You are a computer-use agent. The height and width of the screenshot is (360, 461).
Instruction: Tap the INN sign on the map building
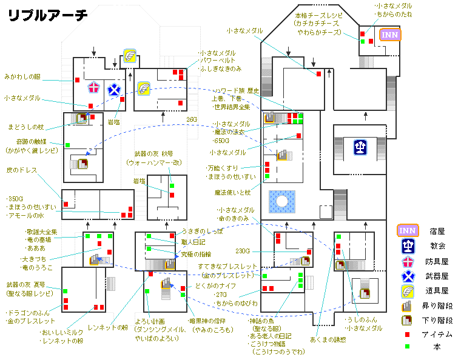coord(389,35)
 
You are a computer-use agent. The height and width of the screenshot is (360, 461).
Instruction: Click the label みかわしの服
coord(24,77)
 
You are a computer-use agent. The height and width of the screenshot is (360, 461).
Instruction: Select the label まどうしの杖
coord(25,127)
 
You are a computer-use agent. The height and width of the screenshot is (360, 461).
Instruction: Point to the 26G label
coord(192,119)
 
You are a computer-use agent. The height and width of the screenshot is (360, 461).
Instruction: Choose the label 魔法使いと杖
coord(232,193)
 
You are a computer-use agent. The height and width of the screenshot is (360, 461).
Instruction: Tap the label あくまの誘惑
coord(328,339)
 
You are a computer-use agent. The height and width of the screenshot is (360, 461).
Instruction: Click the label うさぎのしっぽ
coord(203,232)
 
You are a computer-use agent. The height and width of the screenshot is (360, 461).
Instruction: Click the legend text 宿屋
coord(437,231)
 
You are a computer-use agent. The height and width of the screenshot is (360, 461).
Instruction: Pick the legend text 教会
coord(437,246)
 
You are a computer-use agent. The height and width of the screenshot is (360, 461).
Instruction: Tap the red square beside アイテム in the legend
coord(408,334)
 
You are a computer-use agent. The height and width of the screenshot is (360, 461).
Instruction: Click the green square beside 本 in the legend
coord(408,347)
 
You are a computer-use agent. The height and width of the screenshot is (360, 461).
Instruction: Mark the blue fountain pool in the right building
coord(282,202)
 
